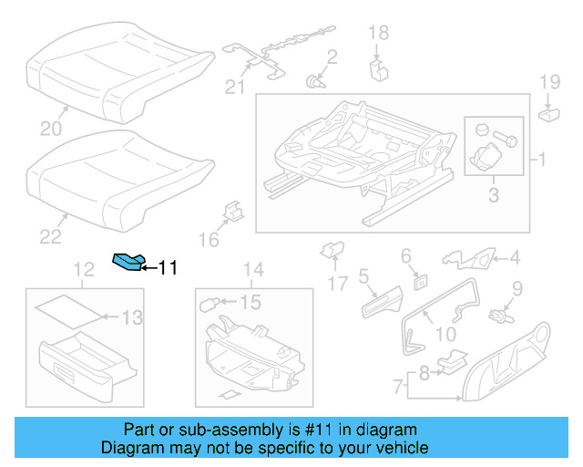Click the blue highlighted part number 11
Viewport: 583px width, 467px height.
tap(127, 263)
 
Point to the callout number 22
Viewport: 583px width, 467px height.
tap(50, 236)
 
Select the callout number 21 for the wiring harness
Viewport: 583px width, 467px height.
tap(235, 87)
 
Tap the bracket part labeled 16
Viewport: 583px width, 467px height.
tap(231, 213)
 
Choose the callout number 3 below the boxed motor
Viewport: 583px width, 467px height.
tap(493, 193)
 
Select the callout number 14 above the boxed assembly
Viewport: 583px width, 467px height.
tap(252, 270)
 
